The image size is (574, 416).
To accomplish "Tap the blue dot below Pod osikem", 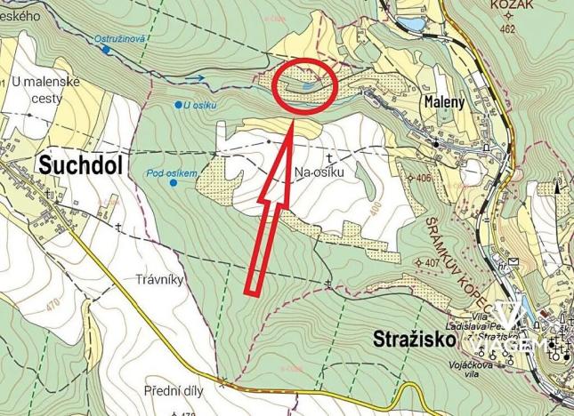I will pos(172,183).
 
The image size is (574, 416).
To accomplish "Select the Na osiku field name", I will pos(318,174).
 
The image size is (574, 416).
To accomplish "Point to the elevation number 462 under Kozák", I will pos(508,29).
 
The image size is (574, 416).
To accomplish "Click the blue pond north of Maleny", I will pos(411,23).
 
